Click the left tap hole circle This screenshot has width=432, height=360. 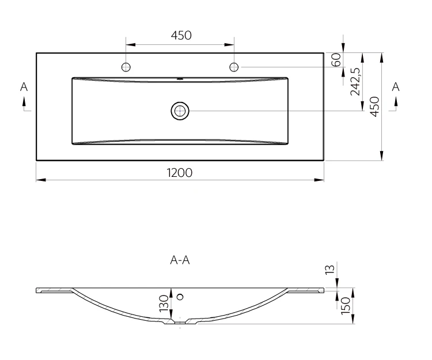(126, 67)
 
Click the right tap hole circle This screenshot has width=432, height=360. (234, 67)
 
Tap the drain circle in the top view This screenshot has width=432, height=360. (180, 111)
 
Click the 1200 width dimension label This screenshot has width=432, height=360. (180, 173)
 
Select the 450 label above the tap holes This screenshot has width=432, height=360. (181, 35)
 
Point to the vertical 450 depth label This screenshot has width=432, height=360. (374, 107)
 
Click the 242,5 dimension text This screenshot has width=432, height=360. (355, 82)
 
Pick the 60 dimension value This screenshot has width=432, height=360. (336, 60)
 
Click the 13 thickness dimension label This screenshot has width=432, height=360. (330, 269)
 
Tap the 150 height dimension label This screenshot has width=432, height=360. (346, 305)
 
